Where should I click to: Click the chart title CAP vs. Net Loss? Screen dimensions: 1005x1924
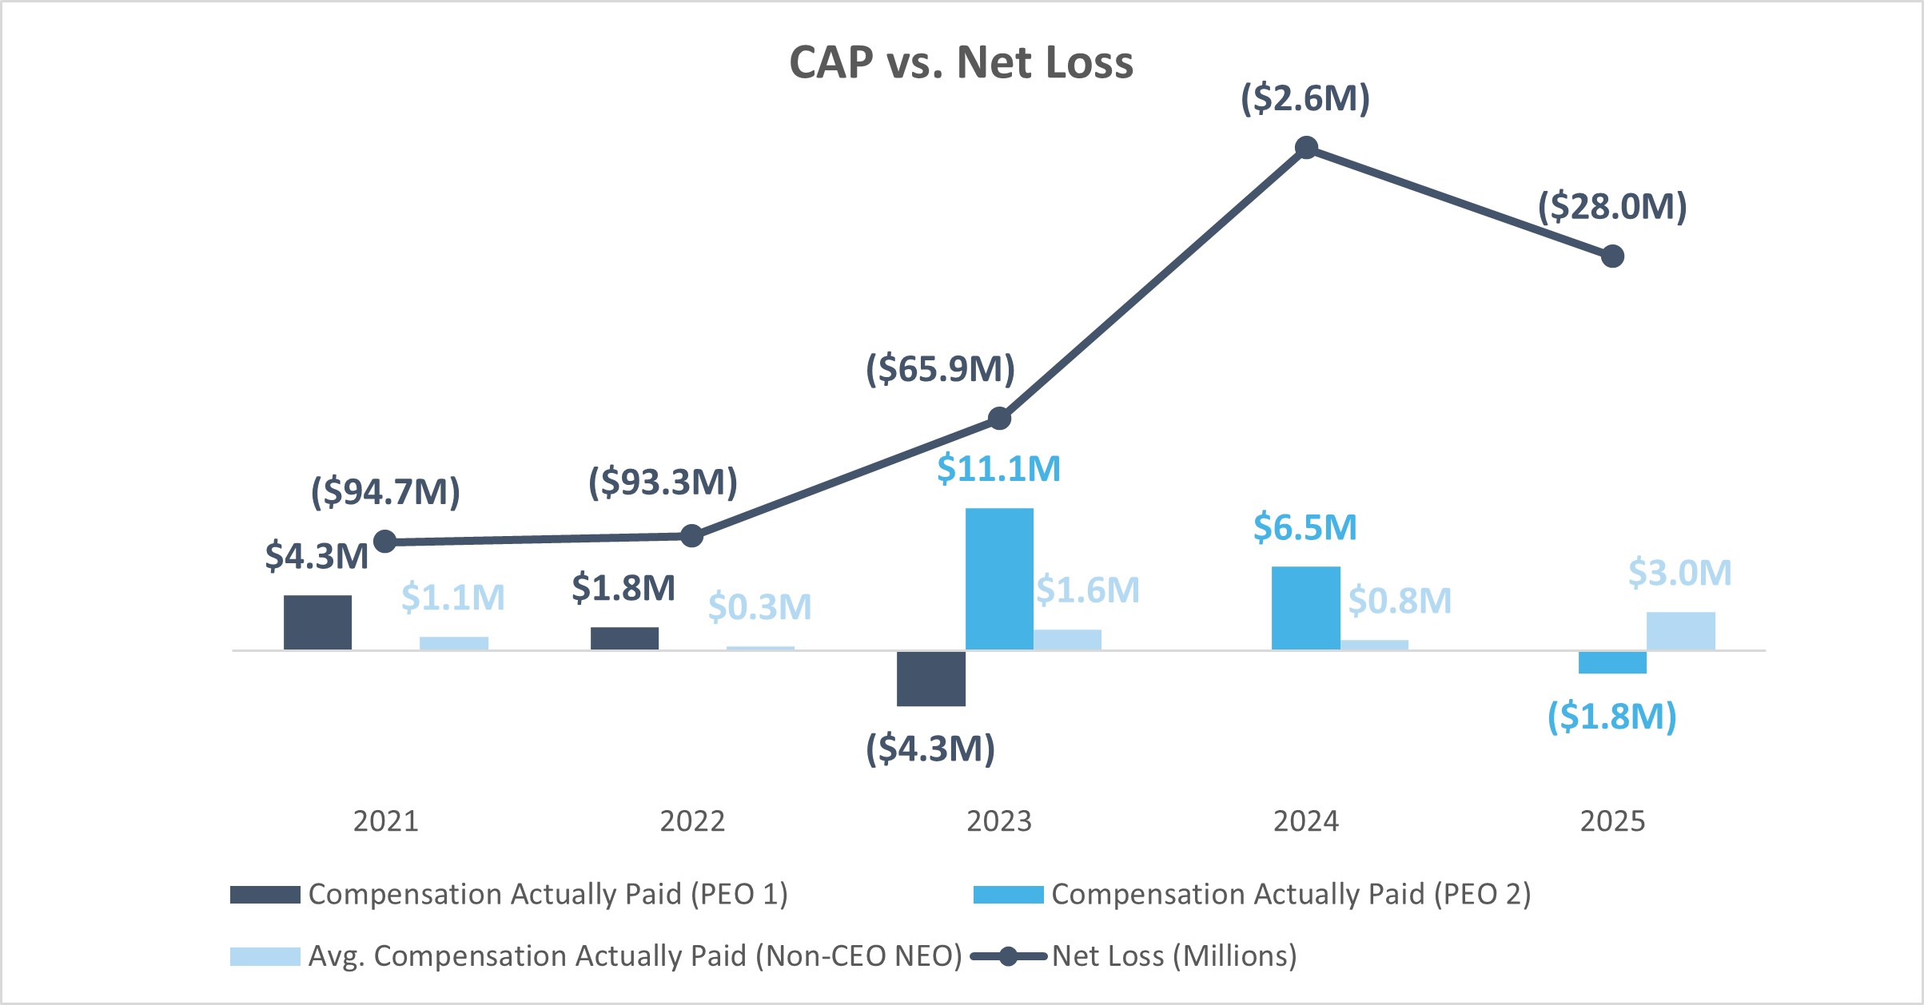(x=961, y=62)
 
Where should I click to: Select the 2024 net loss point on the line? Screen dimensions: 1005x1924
(x=1306, y=148)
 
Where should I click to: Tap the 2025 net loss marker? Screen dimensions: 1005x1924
(x=1612, y=256)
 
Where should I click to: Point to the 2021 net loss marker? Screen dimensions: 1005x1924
(x=385, y=542)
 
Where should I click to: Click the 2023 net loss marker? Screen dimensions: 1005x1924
(x=999, y=418)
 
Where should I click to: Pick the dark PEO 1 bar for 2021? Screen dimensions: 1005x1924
(x=317, y=622)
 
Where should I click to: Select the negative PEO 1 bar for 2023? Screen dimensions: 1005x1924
(x=930, y=678)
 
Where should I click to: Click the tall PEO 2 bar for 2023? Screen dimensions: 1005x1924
(x=999, y=579)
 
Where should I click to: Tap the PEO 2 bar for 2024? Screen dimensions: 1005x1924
(x=1305, y=608)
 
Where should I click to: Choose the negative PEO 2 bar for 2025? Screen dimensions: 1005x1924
(x=1612, y=662)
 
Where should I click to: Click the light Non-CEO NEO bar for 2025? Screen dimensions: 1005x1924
(x=1680, y=631)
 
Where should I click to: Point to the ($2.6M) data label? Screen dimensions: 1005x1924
(x=1305, y=98)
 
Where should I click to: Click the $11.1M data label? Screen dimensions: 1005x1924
(x=998, y=469)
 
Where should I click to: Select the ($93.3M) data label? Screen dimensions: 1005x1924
(x=663, y=483)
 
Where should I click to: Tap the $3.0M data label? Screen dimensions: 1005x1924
(x=1680, y=573)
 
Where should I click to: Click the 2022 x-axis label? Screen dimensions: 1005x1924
(x=692, y=821)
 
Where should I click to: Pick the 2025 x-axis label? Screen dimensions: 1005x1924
(x=1612, y=821)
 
